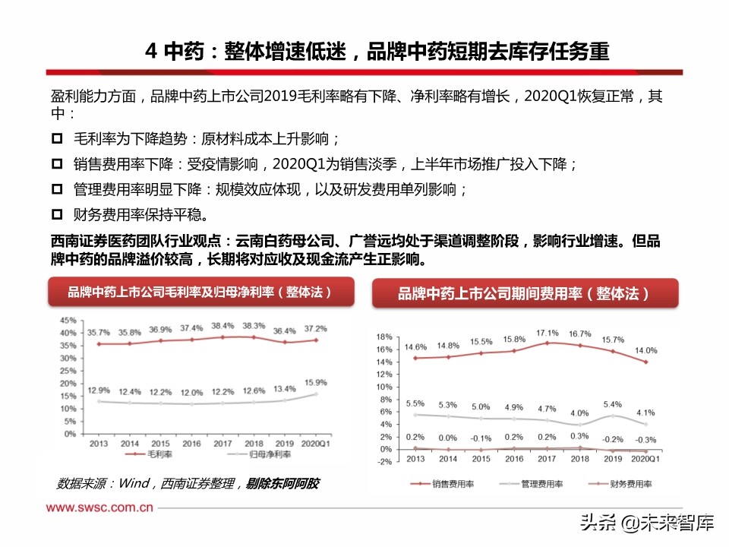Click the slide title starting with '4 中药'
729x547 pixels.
[377, 51]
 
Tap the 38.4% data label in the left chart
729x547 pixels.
[222, 325]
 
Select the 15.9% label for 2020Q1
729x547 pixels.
[315, 382]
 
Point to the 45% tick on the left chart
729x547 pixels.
[68, 320]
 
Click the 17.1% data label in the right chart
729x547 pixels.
[547, 332]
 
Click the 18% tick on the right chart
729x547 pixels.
[383, 336]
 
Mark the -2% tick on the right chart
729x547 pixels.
[383, 461]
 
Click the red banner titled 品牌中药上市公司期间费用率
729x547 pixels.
[524, 293]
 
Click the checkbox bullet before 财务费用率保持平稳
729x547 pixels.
[58, 214]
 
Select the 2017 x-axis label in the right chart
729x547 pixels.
[546, 459]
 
